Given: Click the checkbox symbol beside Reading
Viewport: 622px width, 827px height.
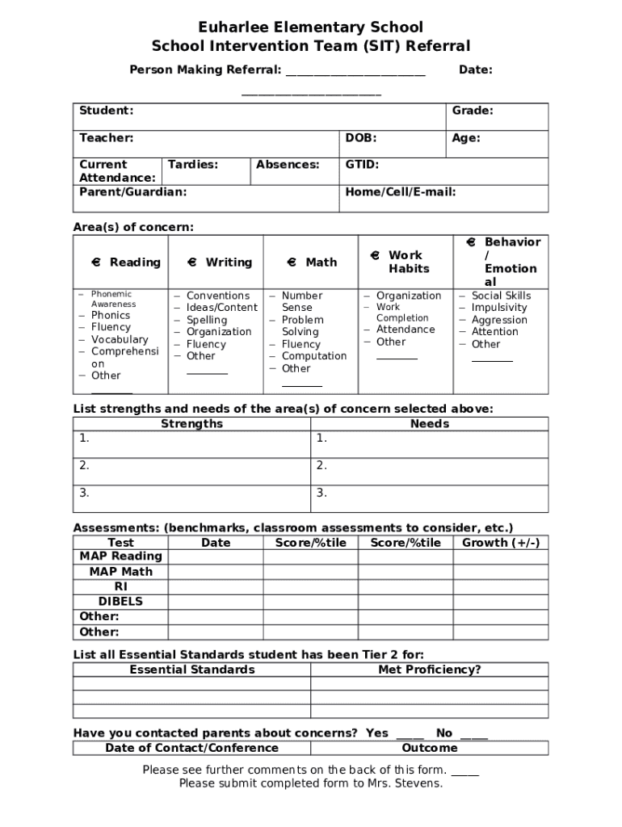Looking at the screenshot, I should (x=95, y=262).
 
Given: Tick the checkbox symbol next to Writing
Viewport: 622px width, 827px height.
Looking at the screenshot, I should (x=191, y=262).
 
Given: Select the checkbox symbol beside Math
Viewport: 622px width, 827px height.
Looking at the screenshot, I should (x=292, y=262).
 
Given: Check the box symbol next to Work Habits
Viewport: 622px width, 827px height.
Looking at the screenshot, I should (x=375, y=255).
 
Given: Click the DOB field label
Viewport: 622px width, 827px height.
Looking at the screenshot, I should (x=360, y=138).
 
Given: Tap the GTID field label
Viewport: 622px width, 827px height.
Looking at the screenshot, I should (x=362, y=165).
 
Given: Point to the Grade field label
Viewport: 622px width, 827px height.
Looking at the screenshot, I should (x=473, y=111).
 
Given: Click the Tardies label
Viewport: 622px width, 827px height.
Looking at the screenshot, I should (x=192, y=165).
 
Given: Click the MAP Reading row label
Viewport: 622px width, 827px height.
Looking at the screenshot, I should (x=120, y=556).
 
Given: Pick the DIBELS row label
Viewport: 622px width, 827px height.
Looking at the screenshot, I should (x=120, y=602).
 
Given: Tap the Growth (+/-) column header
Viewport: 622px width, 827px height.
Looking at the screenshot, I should (x=501, y=543).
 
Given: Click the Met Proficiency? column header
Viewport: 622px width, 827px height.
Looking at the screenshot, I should (x=430, y=670).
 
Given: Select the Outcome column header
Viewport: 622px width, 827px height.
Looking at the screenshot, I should (x=430, y=748).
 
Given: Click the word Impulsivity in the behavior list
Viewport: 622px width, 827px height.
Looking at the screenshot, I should (x=499, y=308).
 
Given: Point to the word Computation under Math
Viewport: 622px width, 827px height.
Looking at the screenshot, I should (x=314, y=356).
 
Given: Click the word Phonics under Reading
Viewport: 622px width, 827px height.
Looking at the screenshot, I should (x=111, y=315).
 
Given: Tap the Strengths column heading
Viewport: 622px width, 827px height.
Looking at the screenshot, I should (x=191, y=424).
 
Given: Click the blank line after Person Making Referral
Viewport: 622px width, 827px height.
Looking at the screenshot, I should (x=355, y=71).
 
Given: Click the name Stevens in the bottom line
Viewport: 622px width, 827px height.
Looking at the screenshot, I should (x=421, y=783).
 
